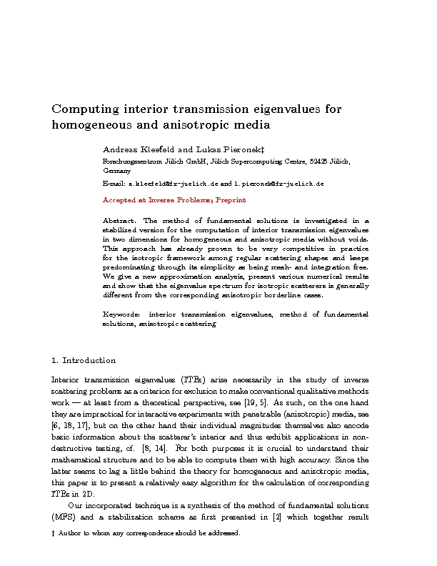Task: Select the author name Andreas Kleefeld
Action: [x=139, y=150]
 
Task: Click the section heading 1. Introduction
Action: [x=84, y=360]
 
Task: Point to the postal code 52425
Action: [x=318, y=162]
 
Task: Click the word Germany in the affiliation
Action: [x=117, y=172]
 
